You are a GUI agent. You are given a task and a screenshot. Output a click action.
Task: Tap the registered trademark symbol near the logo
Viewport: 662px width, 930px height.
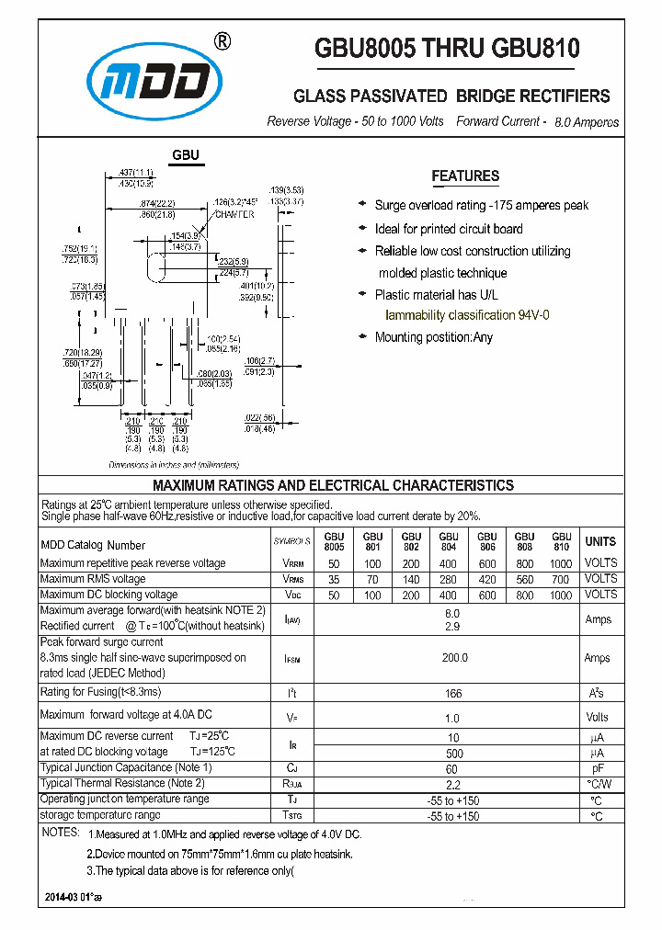coord(222,41)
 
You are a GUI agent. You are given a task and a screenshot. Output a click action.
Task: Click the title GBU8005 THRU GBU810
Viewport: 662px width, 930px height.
coord(447,48)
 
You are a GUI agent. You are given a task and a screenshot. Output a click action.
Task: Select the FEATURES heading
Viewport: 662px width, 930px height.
coord(465,176)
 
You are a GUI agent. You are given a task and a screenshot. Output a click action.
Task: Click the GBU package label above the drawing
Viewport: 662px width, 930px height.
coord(186,156)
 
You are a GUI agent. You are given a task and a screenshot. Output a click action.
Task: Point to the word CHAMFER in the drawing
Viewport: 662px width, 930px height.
coord(234,213)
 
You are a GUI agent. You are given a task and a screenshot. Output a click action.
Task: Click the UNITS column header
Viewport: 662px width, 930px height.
coord(600,541)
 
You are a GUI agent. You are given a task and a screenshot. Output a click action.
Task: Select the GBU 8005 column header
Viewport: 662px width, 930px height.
coord(334,541)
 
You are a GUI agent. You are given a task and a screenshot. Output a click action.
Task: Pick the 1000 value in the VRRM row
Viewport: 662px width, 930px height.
coord(561,563)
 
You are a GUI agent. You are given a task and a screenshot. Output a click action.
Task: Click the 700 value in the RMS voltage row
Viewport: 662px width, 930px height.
coord(561,579)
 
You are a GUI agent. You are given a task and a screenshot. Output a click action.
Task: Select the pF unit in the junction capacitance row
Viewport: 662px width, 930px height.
coord(598,767)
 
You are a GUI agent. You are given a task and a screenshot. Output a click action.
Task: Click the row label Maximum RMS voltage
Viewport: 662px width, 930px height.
coord(93,579)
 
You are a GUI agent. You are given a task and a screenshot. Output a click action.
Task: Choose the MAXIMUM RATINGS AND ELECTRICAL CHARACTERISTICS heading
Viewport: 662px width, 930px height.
coord(333,485)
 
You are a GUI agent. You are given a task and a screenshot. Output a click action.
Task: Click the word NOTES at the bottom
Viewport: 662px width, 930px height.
coord(61,833)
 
